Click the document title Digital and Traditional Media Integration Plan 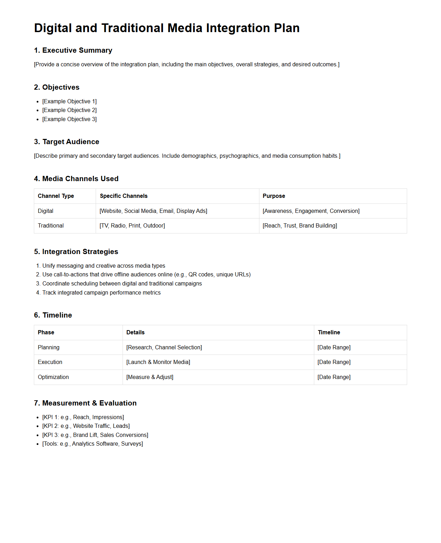pos(167,28)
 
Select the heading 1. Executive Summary pos(73,50)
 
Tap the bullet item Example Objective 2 pos(69,110)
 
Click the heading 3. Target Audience pos(66,142)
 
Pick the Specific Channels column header pos(124,196)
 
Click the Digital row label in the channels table pos(45,211)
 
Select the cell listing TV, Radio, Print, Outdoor pos(132,225)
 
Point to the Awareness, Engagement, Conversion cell pos(311,211)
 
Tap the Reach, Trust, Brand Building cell pos(300,225)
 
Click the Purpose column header pos(274,196)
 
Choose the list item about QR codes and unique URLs pos(146,274)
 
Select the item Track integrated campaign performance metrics pos(101,292)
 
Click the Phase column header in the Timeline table pos(46,332)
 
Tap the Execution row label pos(50,362)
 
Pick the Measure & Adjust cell pos(150,377)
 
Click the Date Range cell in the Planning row pos(334,347)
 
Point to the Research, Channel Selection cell pos(164,347)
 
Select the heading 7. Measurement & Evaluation pos(85,403)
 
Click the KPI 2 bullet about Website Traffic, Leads pos(86,426)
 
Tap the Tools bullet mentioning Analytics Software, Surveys pos(93,444)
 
